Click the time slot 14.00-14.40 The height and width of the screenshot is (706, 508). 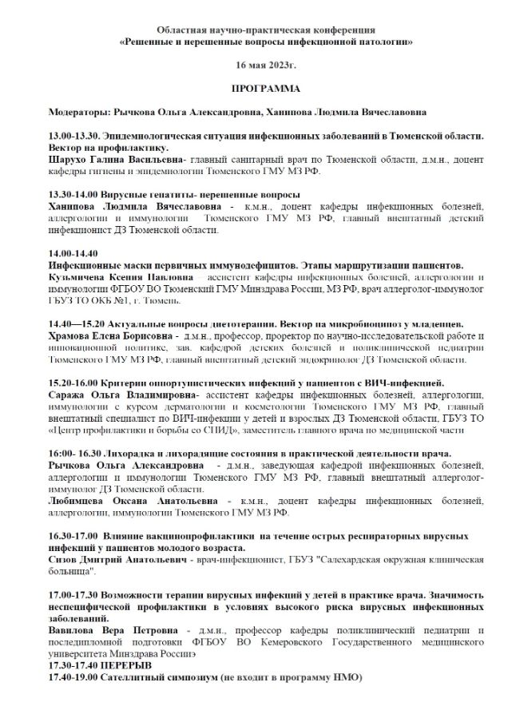coord(72,253)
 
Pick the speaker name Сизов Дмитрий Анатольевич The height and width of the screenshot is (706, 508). coord(117,561)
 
